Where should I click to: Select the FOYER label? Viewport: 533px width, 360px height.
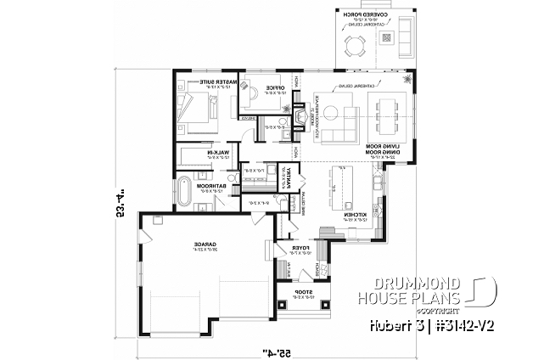pos(300,250)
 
